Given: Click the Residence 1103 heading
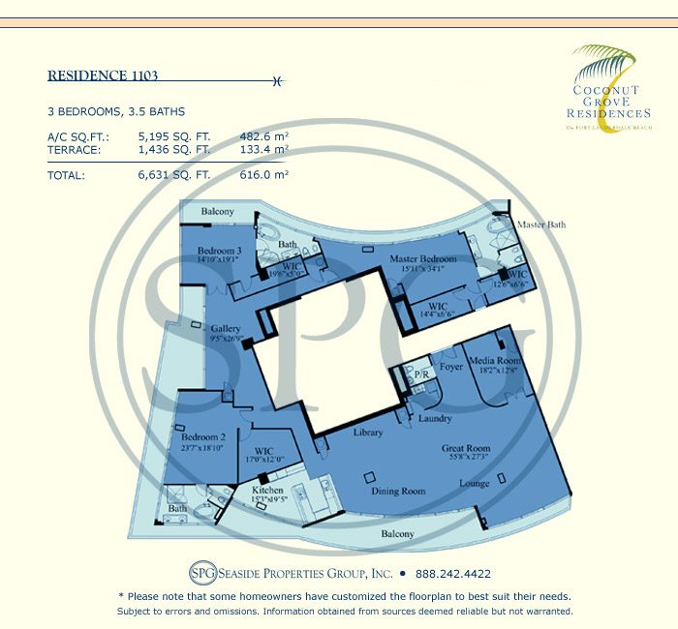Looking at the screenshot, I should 103,75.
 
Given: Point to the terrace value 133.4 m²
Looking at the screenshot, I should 264,150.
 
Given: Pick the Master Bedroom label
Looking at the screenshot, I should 423,259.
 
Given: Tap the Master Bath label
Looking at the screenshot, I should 539,225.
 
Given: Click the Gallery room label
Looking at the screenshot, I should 226,329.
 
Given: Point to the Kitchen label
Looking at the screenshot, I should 267,491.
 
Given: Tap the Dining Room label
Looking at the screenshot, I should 400,492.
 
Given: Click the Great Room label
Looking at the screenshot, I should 466,448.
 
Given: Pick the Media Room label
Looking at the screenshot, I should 495,360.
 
